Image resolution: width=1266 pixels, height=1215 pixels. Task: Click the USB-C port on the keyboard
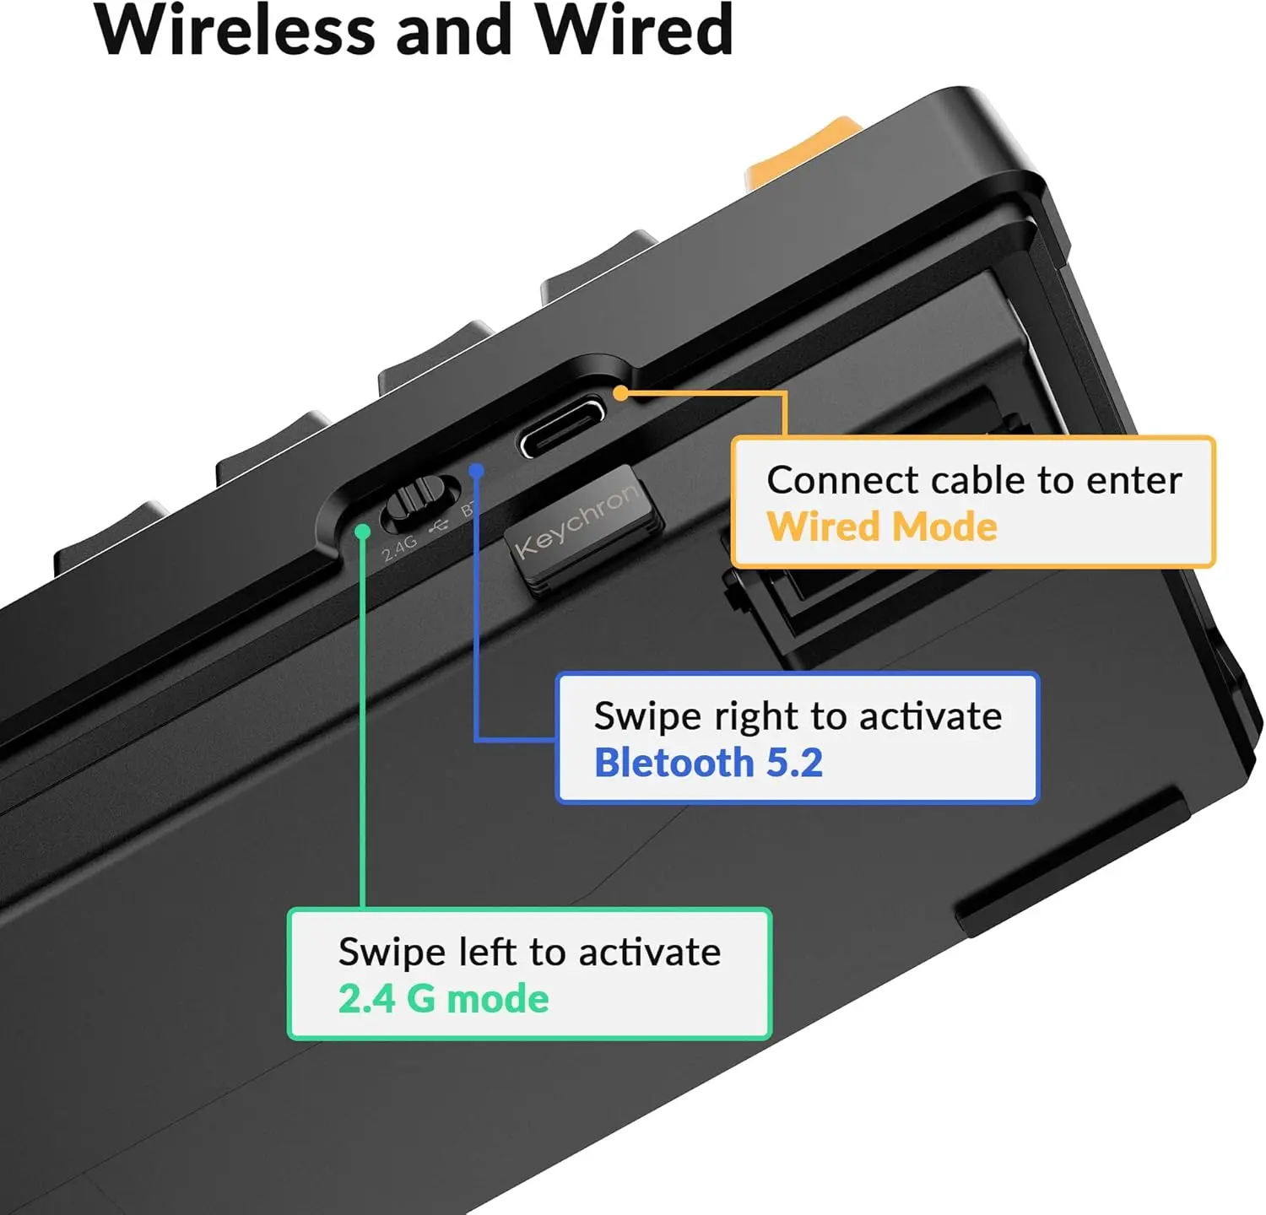[561, 426]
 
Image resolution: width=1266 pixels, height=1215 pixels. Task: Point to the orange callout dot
[620, 392]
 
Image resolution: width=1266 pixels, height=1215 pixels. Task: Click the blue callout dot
[477, 470]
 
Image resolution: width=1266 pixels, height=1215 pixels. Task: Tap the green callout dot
[363, 532]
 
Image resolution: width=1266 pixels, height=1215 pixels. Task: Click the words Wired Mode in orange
[882, 526]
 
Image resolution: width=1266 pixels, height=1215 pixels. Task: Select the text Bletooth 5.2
[708, 763]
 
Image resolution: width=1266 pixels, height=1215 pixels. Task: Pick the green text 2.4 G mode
[443, 999]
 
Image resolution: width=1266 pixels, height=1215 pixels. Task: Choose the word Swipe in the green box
[392, 953]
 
